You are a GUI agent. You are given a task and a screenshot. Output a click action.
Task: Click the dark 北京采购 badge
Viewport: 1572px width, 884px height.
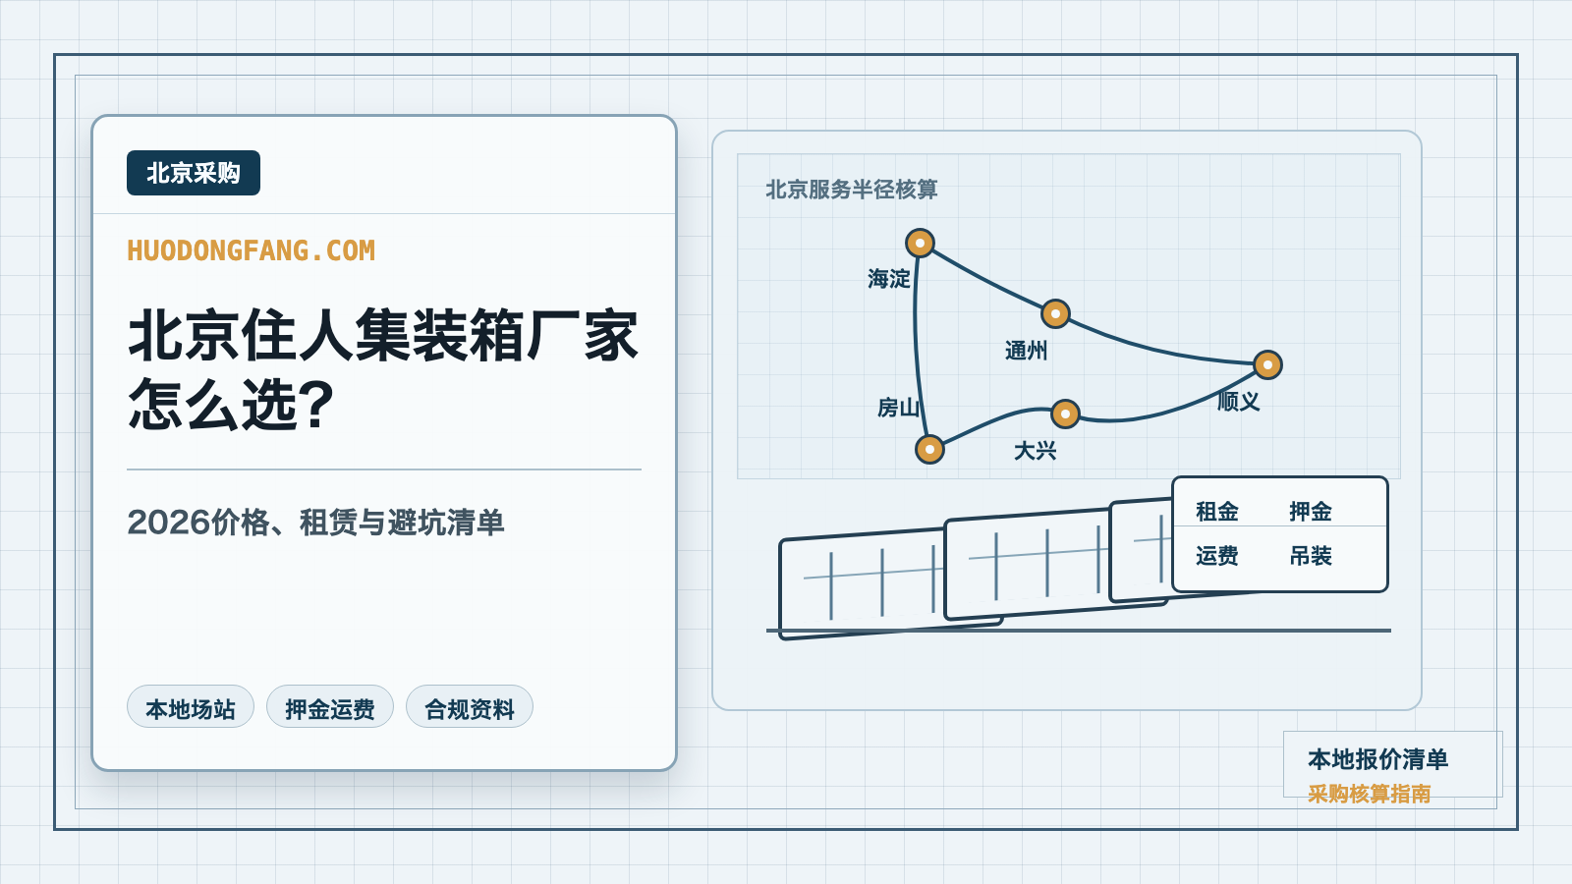click(193, 173)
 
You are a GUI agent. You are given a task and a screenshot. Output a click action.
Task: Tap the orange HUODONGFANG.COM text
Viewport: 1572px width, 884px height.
click(252, 250)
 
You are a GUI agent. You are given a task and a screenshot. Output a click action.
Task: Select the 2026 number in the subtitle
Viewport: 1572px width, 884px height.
click(168, 523)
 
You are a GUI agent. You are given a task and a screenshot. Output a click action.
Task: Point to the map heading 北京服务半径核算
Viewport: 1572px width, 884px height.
click(851, 190)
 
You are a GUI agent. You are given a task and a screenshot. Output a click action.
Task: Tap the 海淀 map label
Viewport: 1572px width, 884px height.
click(888, 279)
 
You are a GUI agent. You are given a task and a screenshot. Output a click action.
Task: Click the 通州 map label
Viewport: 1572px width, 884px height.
click(1026, 350)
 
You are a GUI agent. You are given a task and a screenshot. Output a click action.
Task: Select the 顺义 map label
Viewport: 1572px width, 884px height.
click(1238, 402)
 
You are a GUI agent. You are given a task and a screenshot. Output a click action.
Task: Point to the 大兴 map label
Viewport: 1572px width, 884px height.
click(1036, 451)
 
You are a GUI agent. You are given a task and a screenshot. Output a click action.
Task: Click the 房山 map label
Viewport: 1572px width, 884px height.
click(898, 408)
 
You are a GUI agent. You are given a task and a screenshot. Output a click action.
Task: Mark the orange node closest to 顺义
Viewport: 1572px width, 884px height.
click(1267, 364)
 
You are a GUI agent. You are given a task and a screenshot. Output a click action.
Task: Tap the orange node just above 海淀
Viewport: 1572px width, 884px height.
click(920, 244)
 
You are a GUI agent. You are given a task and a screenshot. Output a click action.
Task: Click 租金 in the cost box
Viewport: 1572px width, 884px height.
click(1217, 512)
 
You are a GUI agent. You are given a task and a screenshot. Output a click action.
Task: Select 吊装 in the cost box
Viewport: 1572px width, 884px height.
click(1311, 556)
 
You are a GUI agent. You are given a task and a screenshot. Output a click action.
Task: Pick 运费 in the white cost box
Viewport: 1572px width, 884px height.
click(1217, 556)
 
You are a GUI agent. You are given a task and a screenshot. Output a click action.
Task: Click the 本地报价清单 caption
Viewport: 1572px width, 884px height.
click(1377, 759)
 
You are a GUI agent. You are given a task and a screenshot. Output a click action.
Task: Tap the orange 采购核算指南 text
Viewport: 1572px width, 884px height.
click(1370, 794)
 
